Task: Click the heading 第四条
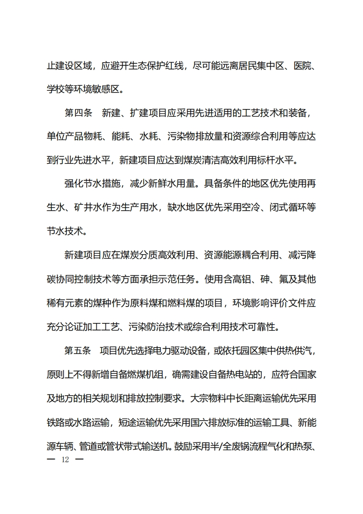click(78, 113)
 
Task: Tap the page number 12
click(65, 459)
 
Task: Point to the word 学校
click(57, 89)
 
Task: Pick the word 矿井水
click(89, 208)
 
